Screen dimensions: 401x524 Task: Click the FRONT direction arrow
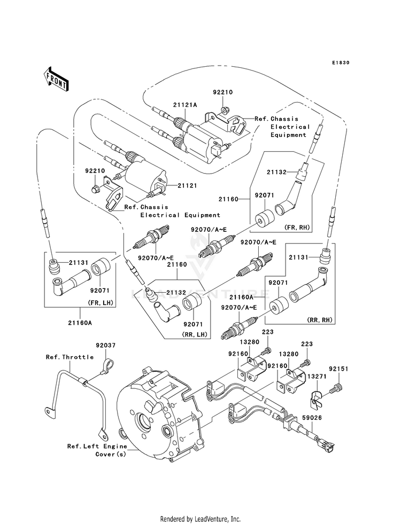[57, 80]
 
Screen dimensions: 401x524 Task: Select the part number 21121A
[185, 105]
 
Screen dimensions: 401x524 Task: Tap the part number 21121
[187, 185]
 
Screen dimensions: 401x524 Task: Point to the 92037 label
[106, 345]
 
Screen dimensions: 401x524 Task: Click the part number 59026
[312, 418]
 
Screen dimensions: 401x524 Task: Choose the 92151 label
[338, 369]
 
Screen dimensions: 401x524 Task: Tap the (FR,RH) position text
[297, 228]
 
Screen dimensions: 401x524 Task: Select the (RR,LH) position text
[195, 334]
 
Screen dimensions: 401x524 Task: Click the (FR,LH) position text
[101, 303]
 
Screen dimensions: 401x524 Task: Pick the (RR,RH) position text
[320, 320]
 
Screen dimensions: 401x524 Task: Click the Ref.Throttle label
[70, 357]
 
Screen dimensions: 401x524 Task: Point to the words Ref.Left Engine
[97, 446]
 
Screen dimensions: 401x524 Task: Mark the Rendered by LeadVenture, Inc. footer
[200, 519]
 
